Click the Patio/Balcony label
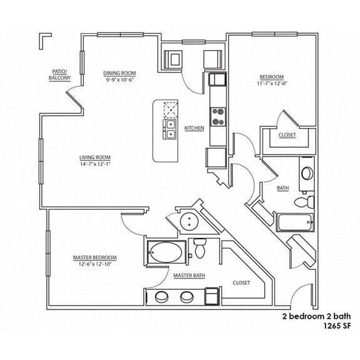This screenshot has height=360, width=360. coord(60,75)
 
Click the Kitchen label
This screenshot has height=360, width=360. coord(194,128)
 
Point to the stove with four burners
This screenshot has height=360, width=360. coord(218,116)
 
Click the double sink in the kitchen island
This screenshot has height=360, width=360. coord(170,129)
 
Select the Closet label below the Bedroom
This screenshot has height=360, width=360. coord(287,135)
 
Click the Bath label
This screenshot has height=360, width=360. coord(282,187)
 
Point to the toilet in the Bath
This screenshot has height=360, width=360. coord(302,202)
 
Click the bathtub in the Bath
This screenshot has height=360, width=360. coord(295,223)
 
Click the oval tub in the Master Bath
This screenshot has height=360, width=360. coord(167,254)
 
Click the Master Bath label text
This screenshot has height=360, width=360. coord(187,275)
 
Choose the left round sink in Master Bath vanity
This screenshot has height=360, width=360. coord(161,297)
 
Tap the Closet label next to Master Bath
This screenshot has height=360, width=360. coord(241,282)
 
